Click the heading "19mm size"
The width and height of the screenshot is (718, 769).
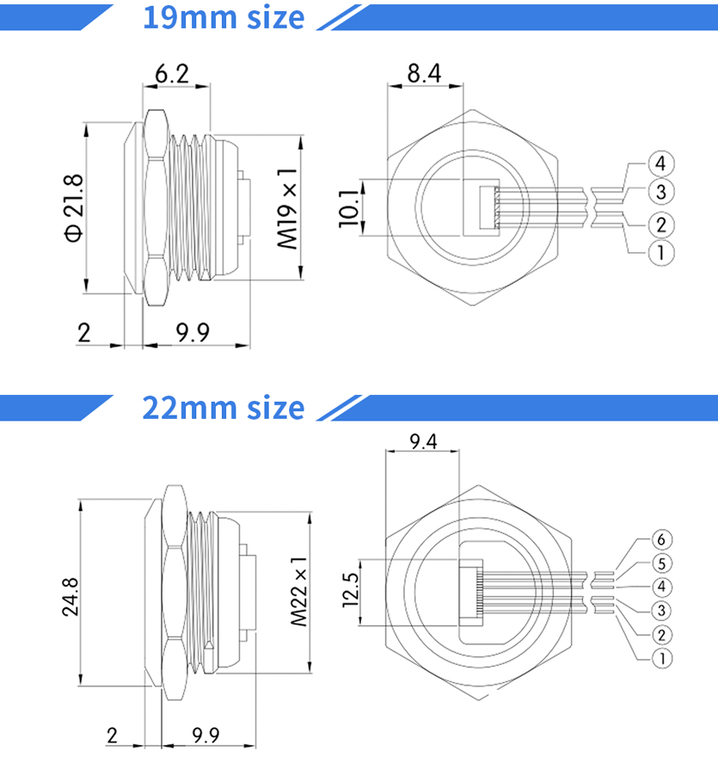[x=223, y=17]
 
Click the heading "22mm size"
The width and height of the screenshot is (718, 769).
[x=223, y=407]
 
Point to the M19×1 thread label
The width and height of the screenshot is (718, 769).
[x=288, y=207]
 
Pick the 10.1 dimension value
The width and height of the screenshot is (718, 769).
[x=348, y=207]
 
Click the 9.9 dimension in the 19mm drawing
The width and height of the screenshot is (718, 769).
[x=193, y=333]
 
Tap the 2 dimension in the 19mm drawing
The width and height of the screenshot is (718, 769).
[x=83, y=333]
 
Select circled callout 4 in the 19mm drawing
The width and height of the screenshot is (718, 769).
[x=660, y=163]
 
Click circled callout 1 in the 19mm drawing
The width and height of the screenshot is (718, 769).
[x=660, y=253]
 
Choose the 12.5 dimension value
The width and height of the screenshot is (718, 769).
[x=350, y=592]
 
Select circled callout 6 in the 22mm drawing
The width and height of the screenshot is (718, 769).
[x=660, y=540]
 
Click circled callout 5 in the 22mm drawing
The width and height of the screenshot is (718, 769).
[x=660, y=564]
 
